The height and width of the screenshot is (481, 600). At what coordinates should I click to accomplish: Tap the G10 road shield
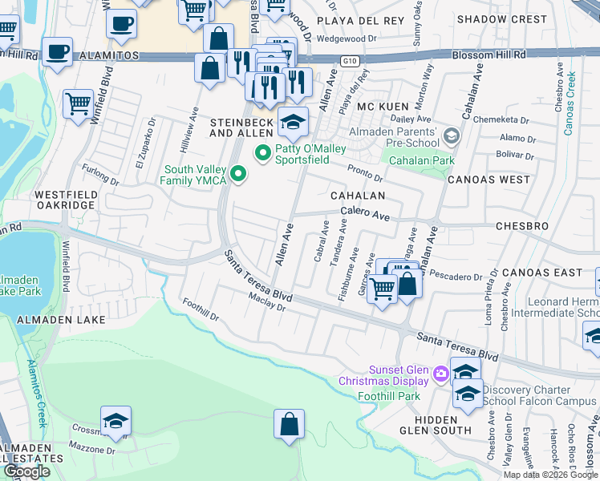347,60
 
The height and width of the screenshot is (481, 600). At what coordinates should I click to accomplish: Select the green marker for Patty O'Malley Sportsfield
261,152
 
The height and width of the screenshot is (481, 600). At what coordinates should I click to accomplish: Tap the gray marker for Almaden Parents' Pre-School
452,137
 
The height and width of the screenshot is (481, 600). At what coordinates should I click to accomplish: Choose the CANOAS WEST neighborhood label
489,179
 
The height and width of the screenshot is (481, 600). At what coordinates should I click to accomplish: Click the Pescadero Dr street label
456,277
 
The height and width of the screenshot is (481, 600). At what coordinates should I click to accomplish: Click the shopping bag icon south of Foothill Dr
289,425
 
